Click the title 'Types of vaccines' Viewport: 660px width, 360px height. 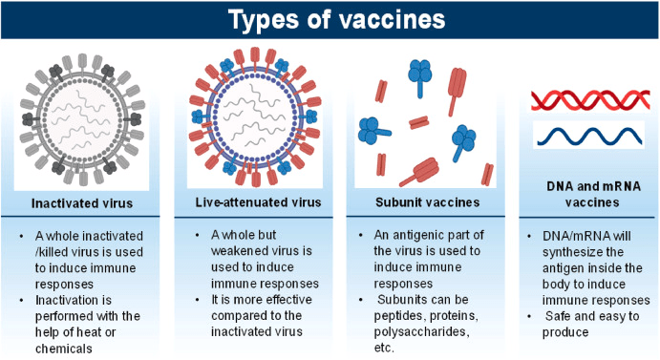pyautogui.click(x=336, y=19)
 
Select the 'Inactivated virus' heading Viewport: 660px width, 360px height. pyautogui.click(x=82, y=203)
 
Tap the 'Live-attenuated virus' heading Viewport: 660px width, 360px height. pyautogui.click(x=258, y=202)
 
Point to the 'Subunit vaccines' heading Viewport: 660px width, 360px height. pyautogui.click(x=427, y=202)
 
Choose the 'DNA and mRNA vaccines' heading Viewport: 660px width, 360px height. pyautogui.click(x=593, y=194)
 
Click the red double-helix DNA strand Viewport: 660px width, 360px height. pyautogui.click(x=590, y=100)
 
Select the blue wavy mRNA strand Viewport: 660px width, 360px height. pyautogui.click(x=589, y=137)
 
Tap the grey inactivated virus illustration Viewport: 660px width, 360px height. pyautogui.click(x=82, y=119)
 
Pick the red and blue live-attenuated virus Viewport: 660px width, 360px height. pyautogui.click(x=255, y=116)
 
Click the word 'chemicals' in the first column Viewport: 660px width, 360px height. pyautogui.click(x=64, y=349)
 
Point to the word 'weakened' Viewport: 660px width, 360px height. pyautogui.click(x=238, y=251)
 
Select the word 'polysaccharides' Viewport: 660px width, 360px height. pyautogui.click(x=422, y=331)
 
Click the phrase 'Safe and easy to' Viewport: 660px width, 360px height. pyautogui.click(x=592, y=316)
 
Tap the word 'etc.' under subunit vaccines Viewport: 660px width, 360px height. pyautogui.click(x=384, y=349)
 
